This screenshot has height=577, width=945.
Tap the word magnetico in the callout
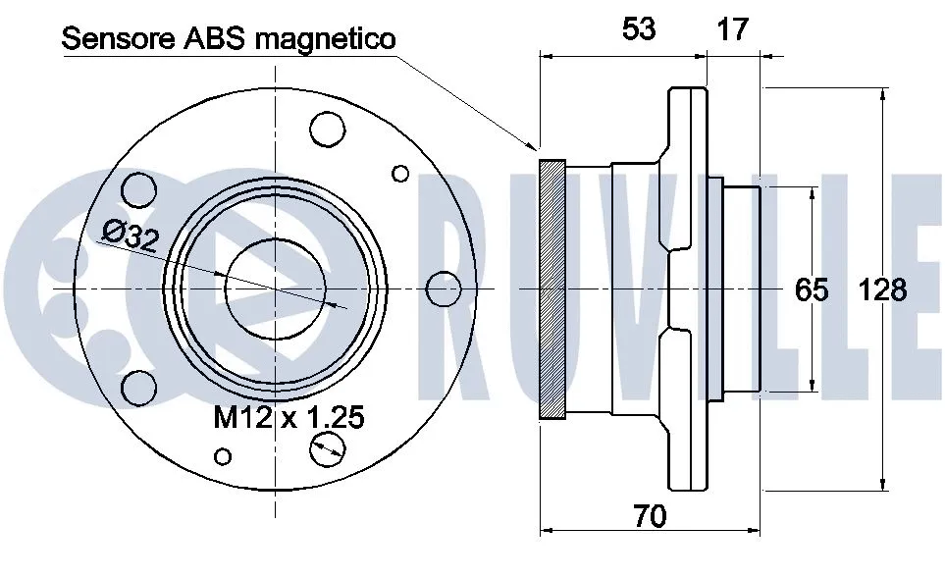click(324, 39)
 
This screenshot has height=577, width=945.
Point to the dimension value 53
click(639, 29)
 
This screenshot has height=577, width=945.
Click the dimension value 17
click(731, 29)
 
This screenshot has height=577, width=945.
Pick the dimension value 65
click(812, 289)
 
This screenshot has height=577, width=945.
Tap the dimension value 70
click(649, 515)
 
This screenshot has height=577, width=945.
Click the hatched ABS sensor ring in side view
click(553, 288)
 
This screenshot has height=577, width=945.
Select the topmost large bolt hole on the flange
click(327, 128)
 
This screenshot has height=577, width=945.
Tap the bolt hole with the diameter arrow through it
click(327, 450)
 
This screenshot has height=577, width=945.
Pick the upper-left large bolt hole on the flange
click(140, 189)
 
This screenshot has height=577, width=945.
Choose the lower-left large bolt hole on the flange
click(140, 388)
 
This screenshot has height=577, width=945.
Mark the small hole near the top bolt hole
click(399, 174)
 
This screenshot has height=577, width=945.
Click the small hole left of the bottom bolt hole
click(224, 455)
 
